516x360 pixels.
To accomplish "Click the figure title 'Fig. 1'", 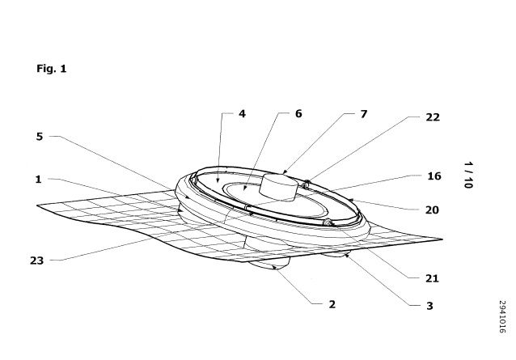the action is coord(51,69).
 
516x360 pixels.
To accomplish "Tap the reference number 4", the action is coord(242,114).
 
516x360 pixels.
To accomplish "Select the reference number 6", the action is coord(298,113).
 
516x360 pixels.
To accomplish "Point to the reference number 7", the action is coord(363,114).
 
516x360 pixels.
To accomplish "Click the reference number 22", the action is coord(433,117).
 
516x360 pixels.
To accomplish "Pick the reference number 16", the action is coord(434,176).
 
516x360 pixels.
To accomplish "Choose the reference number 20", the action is coord(432,210).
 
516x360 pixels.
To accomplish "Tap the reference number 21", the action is coord(432,278).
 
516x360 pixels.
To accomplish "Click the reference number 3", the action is coord(429,306).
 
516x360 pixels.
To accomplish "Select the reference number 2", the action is coord(332,304).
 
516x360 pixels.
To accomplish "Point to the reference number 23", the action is coord(36,260).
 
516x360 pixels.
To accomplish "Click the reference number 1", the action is coord(39,180).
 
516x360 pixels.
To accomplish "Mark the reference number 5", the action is coord(40,137).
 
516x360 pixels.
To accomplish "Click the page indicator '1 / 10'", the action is coord(468,175).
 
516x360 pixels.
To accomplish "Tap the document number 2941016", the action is coord(502,316).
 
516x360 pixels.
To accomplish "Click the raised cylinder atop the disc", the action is coord(279,187).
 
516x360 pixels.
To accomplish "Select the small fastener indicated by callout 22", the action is coord(306,184).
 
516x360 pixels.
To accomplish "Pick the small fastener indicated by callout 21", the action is coord(328,222).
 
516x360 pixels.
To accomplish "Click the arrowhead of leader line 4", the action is coord(218,180).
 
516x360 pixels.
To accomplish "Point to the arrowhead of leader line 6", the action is coord(243,188).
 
